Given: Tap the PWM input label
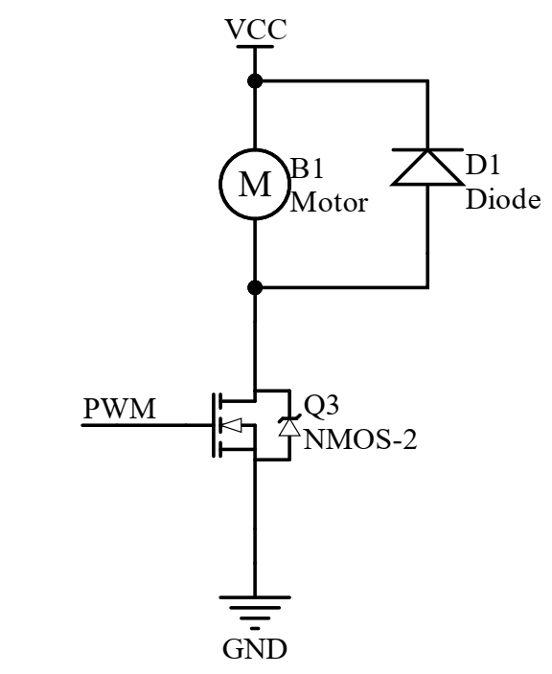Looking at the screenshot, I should [118, 409].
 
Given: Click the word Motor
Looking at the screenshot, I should [329, 202].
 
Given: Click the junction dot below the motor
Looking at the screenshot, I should [255, 286].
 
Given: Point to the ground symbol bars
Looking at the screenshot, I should [255, 611].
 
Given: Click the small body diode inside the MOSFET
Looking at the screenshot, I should [285, 427].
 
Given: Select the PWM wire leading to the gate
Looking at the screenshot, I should [144, 426].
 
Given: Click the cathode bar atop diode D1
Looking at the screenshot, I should [426, 151].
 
